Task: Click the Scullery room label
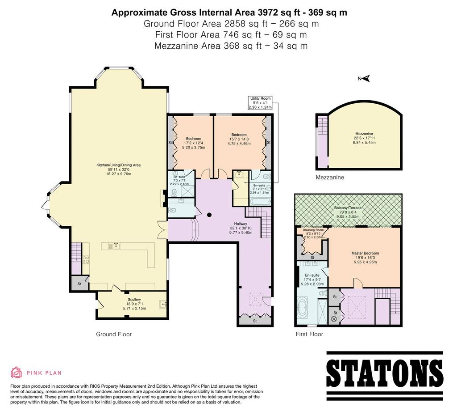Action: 134,304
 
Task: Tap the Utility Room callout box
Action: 260,103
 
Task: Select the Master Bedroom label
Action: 365,258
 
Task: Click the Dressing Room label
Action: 313,233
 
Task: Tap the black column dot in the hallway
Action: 209,215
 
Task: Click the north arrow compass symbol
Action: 364,78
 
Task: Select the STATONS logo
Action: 384,373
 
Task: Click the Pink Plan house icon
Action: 17,373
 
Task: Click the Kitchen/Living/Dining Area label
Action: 118,169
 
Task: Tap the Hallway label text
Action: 241,224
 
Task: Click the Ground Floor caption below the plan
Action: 114,334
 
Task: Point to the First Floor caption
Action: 309,334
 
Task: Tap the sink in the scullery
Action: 163,304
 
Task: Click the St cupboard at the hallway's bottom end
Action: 255,321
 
